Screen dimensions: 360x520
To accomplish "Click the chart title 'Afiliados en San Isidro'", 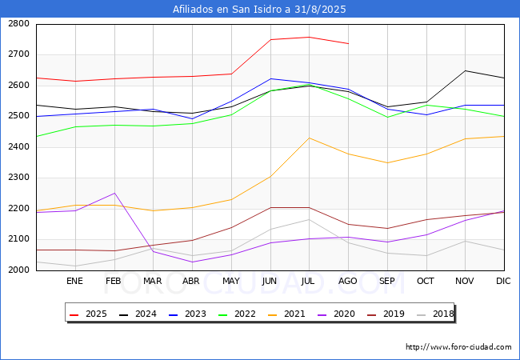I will [259, 9].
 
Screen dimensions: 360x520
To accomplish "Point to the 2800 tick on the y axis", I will [19, 24].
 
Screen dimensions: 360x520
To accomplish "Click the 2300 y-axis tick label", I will [19, 178].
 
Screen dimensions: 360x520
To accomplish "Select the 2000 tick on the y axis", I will [19, 270].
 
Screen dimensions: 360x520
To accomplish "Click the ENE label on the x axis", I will [74, 281].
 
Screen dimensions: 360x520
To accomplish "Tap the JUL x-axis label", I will [309, 281].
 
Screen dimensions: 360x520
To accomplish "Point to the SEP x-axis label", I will [387, 281].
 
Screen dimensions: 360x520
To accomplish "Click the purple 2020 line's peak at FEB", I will [114, 193].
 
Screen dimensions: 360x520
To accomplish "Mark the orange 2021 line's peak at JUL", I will [309, 138].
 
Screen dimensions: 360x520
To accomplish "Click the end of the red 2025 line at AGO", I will [348, 43].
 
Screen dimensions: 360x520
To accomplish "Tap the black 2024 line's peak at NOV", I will [465, 70].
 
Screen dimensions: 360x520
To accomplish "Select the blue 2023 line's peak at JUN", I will [270, 78].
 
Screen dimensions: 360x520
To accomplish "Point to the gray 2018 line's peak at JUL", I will [309, 219].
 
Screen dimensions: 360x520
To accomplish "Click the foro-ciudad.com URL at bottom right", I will [458, 347].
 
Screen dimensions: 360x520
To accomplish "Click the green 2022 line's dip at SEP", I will [387, 118].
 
